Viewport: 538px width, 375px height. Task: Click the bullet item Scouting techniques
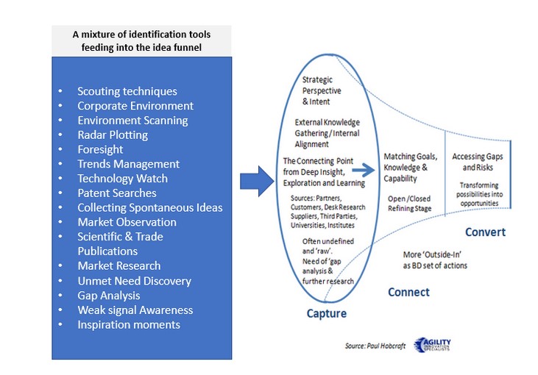tap(127, 92)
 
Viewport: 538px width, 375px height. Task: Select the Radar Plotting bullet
tap(113, 135)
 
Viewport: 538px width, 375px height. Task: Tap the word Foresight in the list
tap(100, 149)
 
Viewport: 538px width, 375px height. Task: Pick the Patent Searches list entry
tap(117, 193)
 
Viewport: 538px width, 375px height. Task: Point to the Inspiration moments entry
tap(128, 324)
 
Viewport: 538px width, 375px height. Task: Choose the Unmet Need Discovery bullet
tap(134, 281)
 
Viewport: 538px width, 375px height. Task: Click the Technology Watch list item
tap(122, 179)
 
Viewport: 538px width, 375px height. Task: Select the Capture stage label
tap(327, 314)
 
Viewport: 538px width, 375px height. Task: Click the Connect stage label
tap(408, 292)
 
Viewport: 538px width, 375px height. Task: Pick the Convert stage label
tap(485, 232)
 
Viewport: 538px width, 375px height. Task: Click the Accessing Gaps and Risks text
tap(479, 162)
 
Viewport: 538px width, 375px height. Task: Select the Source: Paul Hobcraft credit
tap(374, 345)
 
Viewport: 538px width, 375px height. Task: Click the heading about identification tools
tap(141, 40)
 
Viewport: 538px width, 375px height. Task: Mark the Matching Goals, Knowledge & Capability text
tap(411, 168)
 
